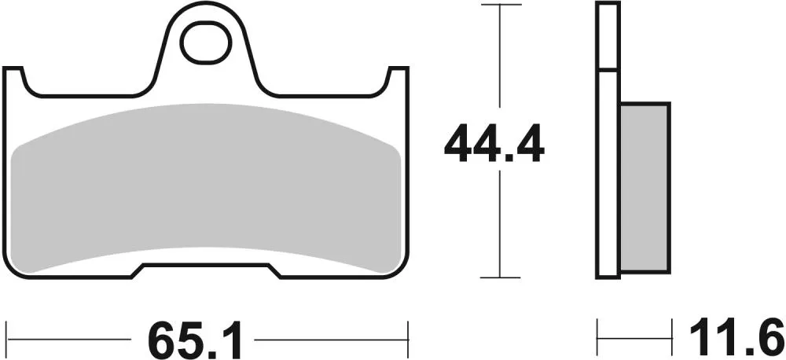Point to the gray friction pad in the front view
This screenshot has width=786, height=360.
[x=208, y=189]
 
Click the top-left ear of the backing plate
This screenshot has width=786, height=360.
[x=15, y=79]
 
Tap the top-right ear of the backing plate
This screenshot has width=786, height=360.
[x=400, y=79]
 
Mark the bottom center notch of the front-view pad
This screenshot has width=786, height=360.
[x=208, y=271]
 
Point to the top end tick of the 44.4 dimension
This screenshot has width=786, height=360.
[x=501, y=5]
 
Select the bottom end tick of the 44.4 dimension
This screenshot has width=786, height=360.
[x=501, y=277]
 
